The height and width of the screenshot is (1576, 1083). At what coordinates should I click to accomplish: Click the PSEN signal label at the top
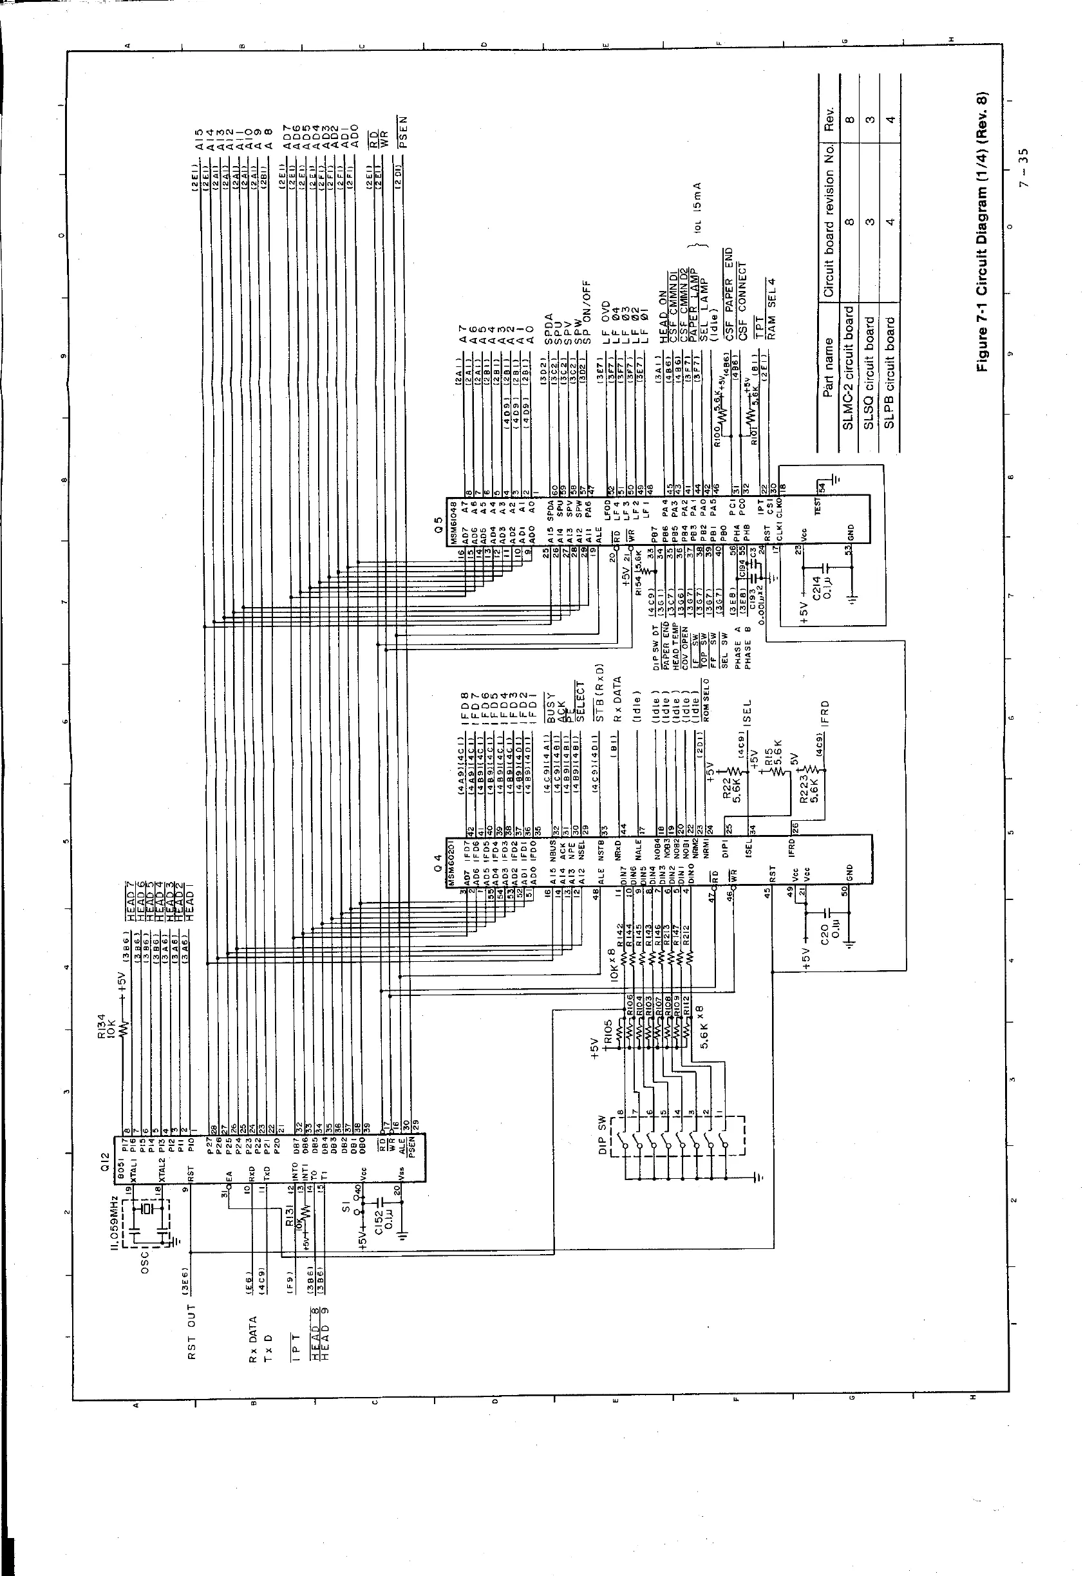click(403, 131)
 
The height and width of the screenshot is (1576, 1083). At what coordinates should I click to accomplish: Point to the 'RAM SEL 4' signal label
click(771, 303)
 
